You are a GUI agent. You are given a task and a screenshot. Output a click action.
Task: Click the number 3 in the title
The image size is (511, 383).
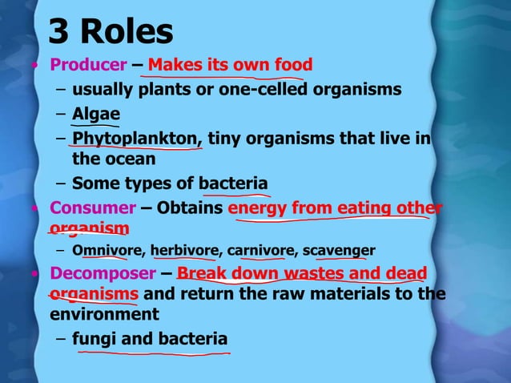click(x=58, y=31)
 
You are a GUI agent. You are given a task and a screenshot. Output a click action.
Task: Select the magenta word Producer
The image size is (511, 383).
click(x=88, y=64)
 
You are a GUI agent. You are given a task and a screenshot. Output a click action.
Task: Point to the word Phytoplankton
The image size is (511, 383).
click(x=135, y=139)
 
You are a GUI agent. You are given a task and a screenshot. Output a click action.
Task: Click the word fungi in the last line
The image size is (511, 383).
click(x=94, y=339)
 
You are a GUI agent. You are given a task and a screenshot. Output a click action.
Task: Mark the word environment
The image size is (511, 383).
click(x=103, y=314)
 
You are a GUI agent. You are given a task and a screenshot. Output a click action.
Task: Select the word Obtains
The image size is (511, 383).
click(x=191, y=208)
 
